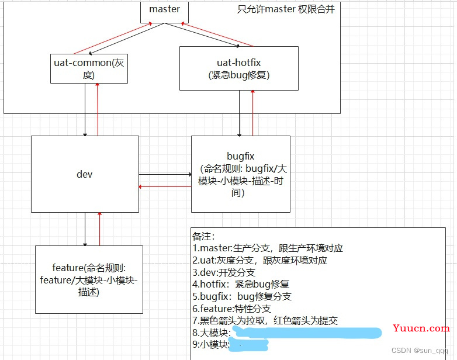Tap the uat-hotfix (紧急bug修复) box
click(238, 68)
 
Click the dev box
click(85, 174)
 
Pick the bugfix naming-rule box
click(240, 174)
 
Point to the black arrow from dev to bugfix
click(165, 174)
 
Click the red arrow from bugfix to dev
click(165, 187)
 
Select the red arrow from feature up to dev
click(100, 229)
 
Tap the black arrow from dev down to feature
click(85, 229)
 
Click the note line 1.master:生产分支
click(268, 248)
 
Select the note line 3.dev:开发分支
click(224, 272)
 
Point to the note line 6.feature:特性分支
click(231, 309)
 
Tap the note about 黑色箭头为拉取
click(268, 321)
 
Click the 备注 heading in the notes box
click(203, 236)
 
